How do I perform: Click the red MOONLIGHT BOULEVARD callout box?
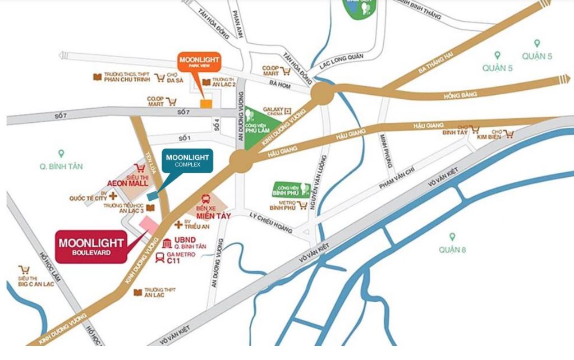(x=91, y=247)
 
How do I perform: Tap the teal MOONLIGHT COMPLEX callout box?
(x=187, y=160)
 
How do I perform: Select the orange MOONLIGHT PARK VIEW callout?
(x=199, y=62)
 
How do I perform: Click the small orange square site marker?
(x=206, y=103)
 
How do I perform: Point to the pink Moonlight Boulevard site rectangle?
(x=149, y=223)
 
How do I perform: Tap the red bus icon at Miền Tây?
(x=207, y=200)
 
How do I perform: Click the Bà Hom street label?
(x=278, y=84)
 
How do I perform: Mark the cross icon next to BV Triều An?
(x=178, y=224)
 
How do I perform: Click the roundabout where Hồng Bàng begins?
(x=322, y=94)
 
